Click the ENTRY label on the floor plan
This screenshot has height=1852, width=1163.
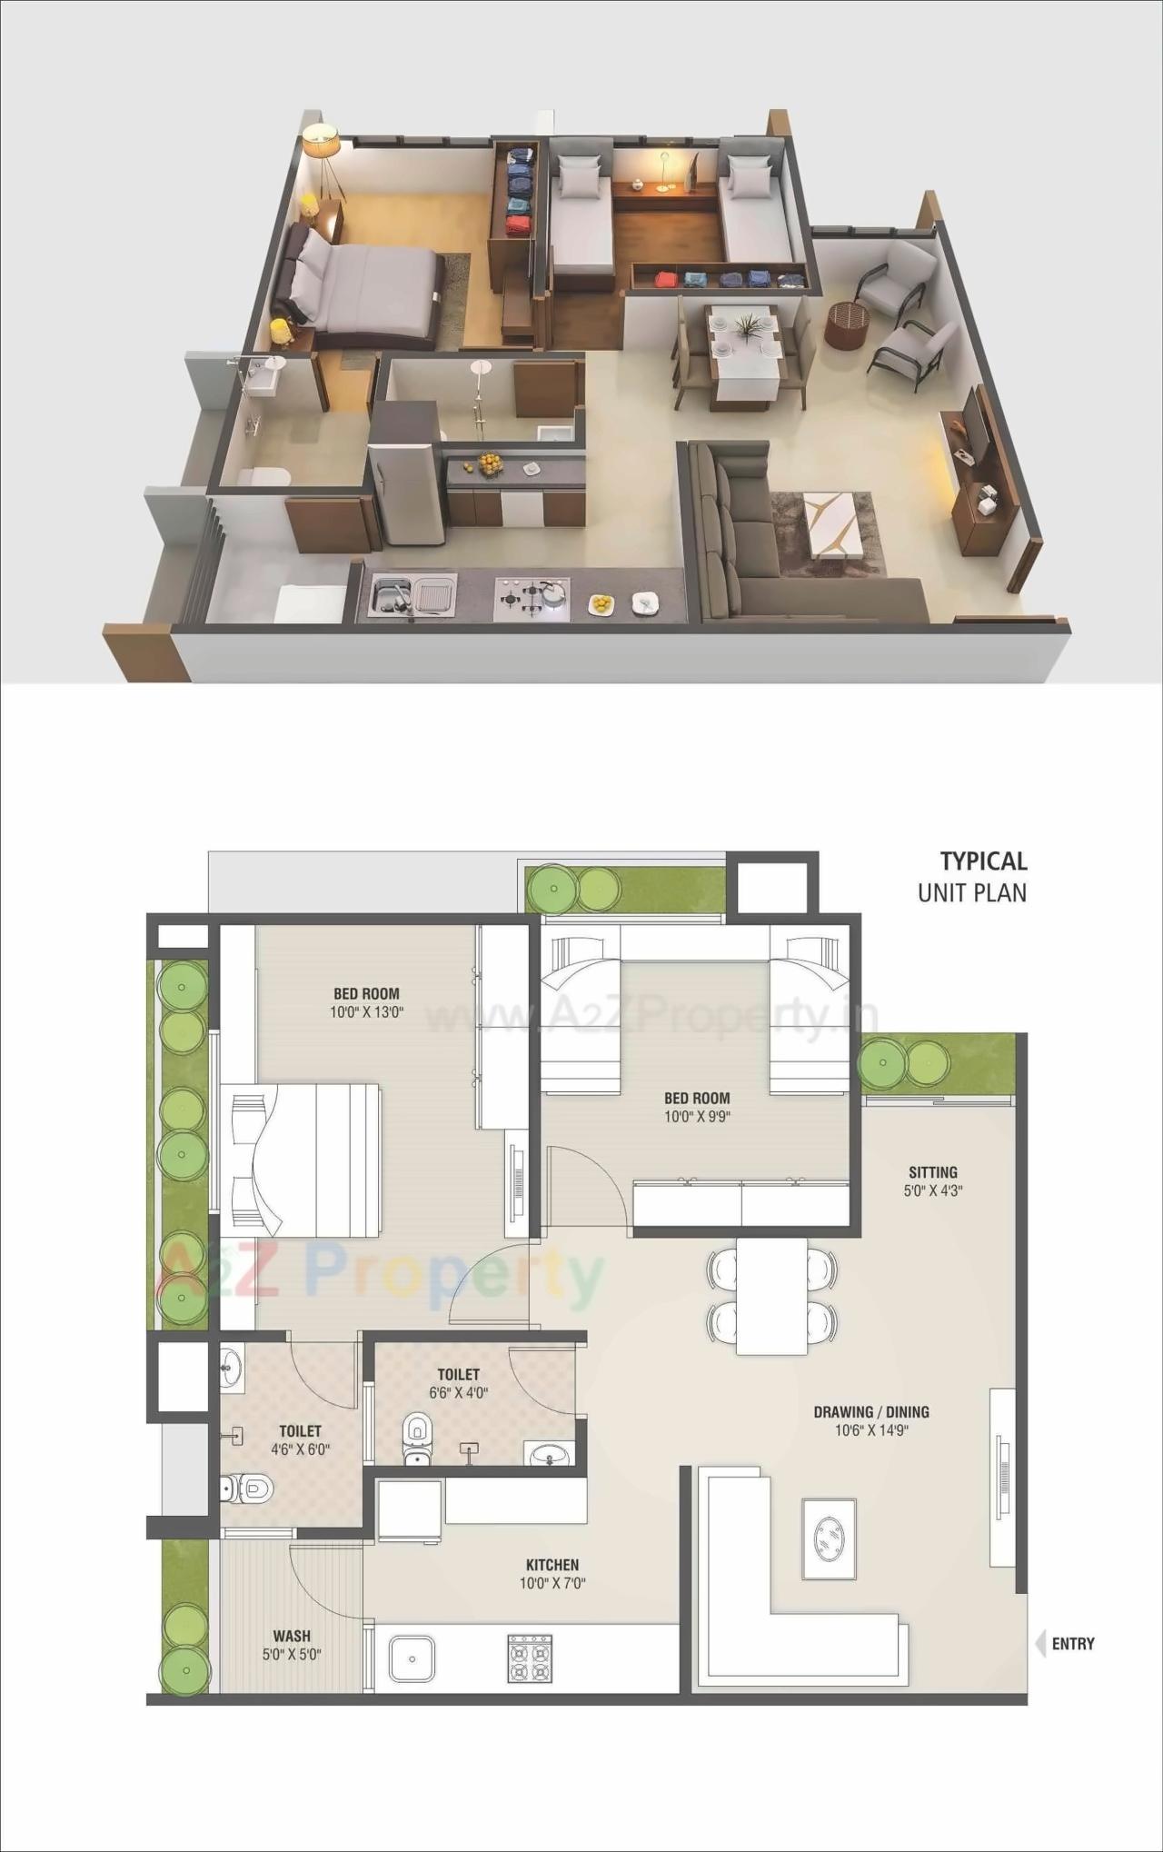pos(1072,1643)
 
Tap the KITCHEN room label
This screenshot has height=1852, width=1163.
pos(552,1564)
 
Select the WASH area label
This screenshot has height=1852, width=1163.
pos(292,1636)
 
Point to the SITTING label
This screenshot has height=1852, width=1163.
pos(933,1172)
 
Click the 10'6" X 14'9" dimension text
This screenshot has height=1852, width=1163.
pos(872,1430)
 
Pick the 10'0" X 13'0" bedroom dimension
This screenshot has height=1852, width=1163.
pos(366,1011)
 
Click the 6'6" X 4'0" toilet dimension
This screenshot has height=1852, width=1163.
pos(459,1392)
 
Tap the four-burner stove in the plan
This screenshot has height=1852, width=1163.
pos(530,1658)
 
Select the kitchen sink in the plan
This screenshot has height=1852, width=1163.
pos(412,1658)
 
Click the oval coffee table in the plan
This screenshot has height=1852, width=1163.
pos(829,1539)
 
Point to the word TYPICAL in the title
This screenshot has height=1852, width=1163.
pos(983,861)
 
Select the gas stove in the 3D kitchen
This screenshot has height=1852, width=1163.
pos(532,597)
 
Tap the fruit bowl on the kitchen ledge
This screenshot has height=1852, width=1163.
pos(491,463)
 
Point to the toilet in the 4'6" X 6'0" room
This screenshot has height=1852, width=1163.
pos(247,1489)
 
